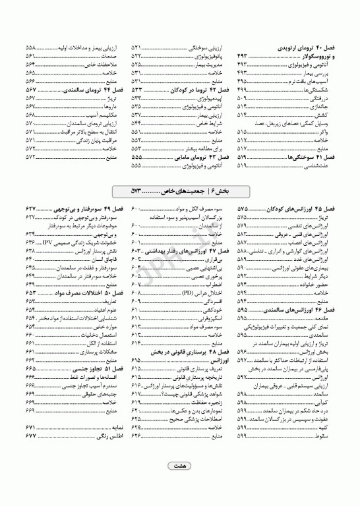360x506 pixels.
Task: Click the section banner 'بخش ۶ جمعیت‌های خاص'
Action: (x=180, y=191)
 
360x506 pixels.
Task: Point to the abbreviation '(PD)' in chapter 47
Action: (x=192, y=292)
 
